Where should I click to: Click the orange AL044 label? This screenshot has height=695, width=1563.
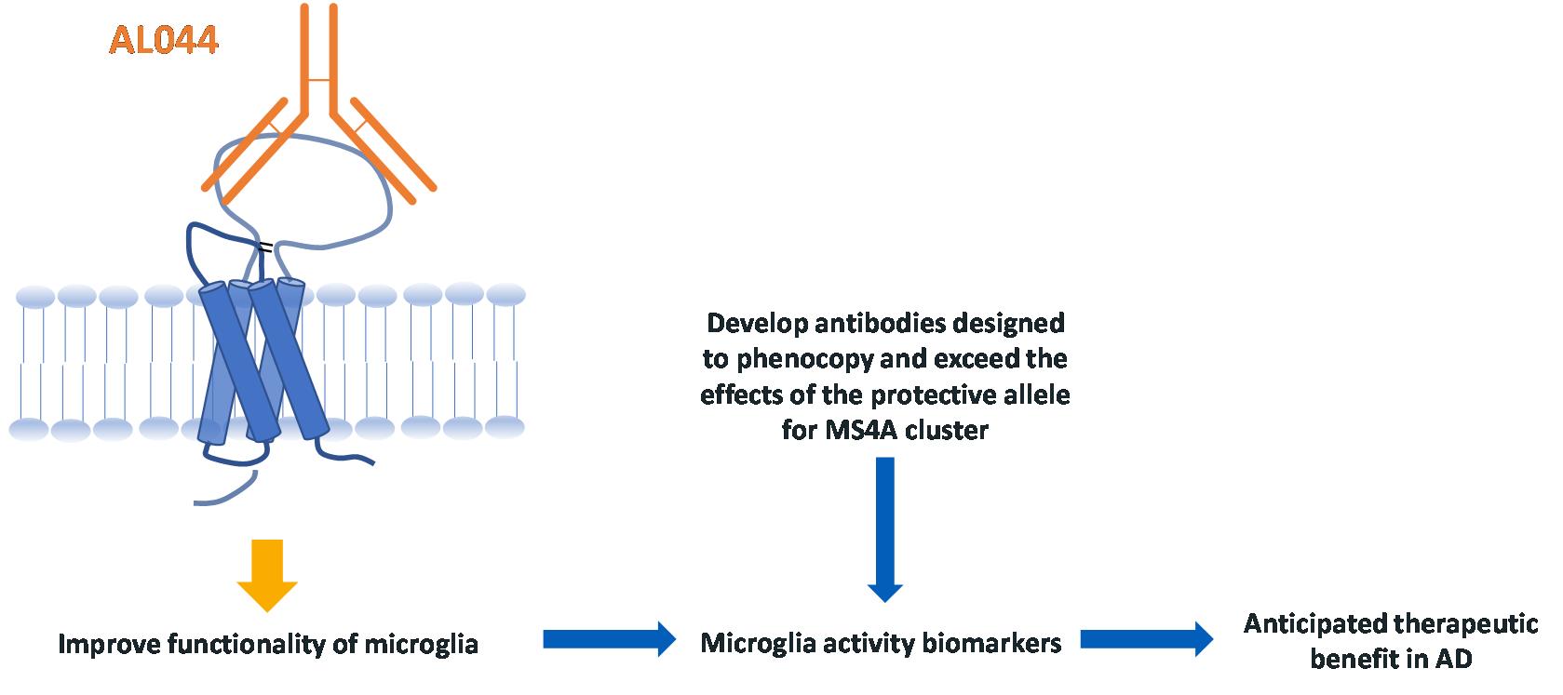pos(164,41)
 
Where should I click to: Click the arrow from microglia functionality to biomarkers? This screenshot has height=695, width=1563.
pos(610,639)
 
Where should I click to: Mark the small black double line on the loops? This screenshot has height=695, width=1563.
pos(266,247)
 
